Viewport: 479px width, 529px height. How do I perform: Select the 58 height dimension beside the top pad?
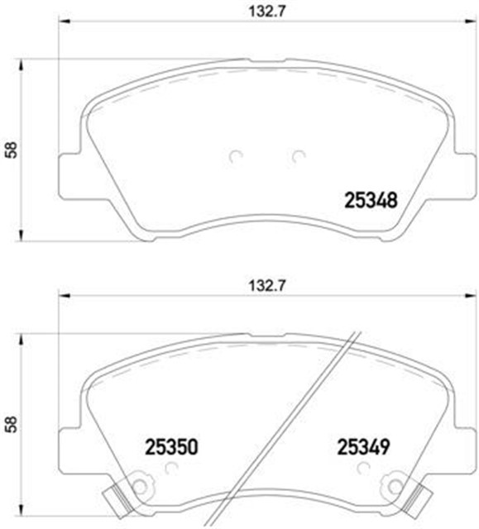click(x=10, y=150)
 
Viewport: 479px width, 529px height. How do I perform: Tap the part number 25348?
click(x=371, y=200)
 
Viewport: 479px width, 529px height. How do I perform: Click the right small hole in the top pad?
click(x=299, y=155)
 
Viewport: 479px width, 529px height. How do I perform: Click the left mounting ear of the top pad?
click(x=71, y=174)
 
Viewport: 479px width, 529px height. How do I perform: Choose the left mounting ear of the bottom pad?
click(x=71, y=450)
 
